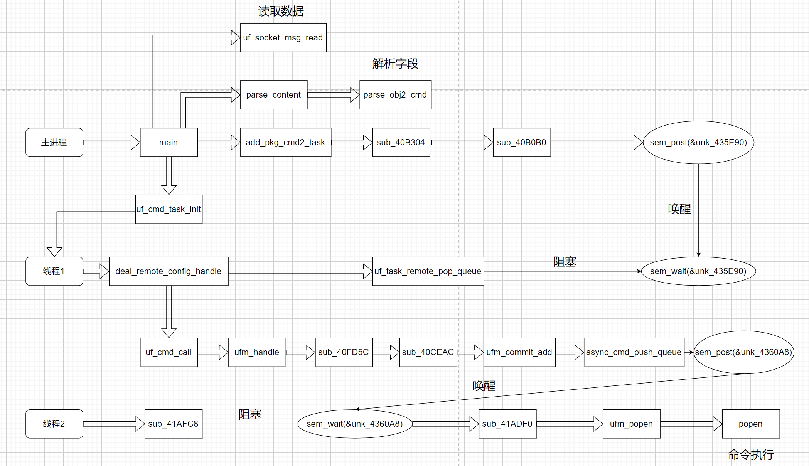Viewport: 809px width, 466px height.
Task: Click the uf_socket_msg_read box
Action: coord(283,37)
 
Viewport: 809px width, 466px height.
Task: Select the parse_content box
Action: coord(273,95)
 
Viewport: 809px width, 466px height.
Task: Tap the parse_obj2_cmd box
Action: coord(395,95)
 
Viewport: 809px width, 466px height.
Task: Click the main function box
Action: coord(169,143)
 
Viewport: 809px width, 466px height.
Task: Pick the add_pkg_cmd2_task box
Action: coord(285,143)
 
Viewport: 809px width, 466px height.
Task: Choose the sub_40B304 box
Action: coord(401,143)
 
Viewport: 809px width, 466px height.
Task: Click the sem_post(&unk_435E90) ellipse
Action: coord(698,143)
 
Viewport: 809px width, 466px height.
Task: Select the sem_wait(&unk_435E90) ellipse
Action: coord(698,271)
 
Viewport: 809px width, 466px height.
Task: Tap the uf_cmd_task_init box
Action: coord(169,209)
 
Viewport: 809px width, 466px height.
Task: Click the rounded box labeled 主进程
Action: coord(54,143)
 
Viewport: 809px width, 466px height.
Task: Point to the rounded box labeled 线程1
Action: coord(54,271)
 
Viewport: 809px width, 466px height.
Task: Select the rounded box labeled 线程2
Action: coord(54,424)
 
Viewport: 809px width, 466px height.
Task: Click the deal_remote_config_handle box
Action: coord(169,271)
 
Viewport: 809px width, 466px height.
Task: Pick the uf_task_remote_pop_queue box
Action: coord(428,271)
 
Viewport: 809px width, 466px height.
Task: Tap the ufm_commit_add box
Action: coord(519,352)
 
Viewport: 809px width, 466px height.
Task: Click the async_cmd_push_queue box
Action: coord(634,352)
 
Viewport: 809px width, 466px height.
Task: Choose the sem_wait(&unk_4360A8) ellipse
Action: coord(355,424)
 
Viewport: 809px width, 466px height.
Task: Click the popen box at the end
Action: coord(751,424)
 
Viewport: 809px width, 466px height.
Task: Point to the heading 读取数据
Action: coord(281,12)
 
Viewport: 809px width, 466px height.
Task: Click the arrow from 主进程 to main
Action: coord(111,143)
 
